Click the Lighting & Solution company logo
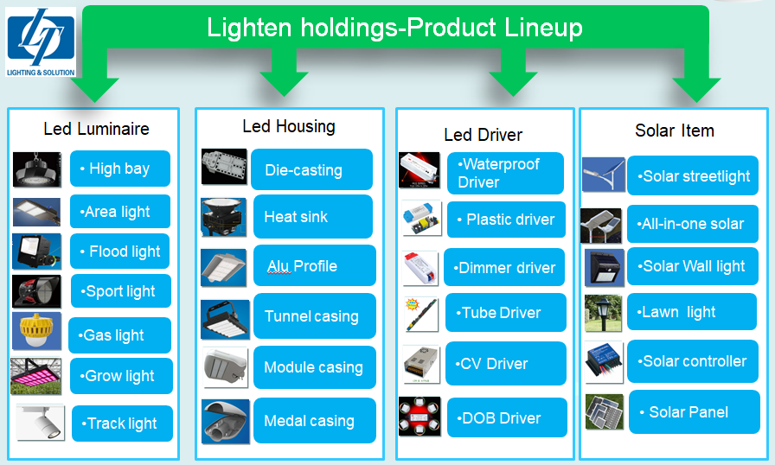pyautogui.click(x=41, y=42)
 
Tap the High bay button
pyautogui.click(x=120, y=169)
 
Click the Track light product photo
pyautogui.click(x=40, y=423)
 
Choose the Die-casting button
pyautogui.click(x=311, y=169)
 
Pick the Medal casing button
pyautogui.click(x=314, y=421)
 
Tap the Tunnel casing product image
pyautogui.click(x=226, y=320)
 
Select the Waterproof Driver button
pyautogui.click(x=505, y=173)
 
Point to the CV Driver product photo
pyautogui.click(x=420, y=365)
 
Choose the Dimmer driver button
pyautogui.click(x=504, y=268)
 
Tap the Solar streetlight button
pyautogui.click(x=693, y=175)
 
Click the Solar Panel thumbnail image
pyautogui.click(x=604, y=411)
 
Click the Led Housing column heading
pyautogui.click(x=289, y=126)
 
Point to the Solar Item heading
pyautogui.click(x=675, y=131)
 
